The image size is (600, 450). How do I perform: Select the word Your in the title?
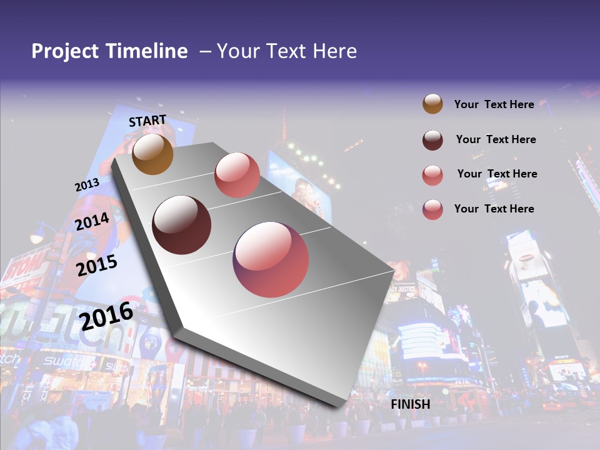pyautogui.click(x=238, y=51)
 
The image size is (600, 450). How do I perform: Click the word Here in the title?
pyautogui.click(x=334, y=51)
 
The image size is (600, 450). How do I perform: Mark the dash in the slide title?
pyautogui.click(x=205, y=51)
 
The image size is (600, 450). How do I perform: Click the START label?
pyautogui.click(x=147, y=121)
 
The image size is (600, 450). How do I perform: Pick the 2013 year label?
pyautogui.click(x=87, y=184)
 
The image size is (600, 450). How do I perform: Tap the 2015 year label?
pyautogui.click(x=97, y=265)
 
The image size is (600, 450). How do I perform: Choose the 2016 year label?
pyautogui.click(x=106, y=315)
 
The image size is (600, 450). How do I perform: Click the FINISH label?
pyautogui.click(x=411, y=404)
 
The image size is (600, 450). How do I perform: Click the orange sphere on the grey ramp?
pyautogui.click(x=153, y=154)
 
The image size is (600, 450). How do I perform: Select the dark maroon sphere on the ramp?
pyautogui.click(x=182, y=225)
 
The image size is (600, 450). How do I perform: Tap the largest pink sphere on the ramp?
pyautogui.click(x=271, y=259)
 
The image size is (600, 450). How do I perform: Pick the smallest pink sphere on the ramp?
pyautogui.click(x=237, y=175)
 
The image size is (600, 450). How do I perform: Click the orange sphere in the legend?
pyautogui.click(x=432, y=104)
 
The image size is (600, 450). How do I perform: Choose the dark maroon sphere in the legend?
pyautogui.click(x=432, y=140)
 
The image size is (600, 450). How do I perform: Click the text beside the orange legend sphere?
pyautogui.click(x=494, y=104)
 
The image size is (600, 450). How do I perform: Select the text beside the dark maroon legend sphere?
pyautogui.click(x=496, y=139)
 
